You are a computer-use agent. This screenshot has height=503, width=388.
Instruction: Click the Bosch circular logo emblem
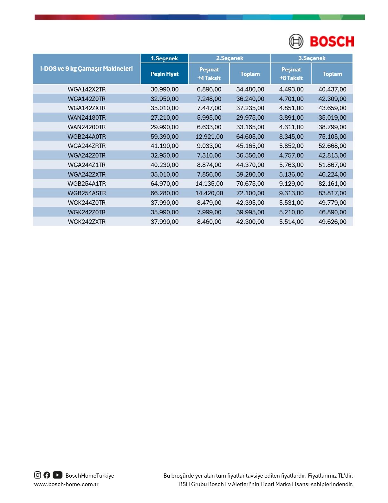click(x=296, y=41)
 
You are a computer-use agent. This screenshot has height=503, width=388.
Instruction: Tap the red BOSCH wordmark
click(x=332, y=42)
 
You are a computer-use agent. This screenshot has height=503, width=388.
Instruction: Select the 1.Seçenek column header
click(x=164, y=58)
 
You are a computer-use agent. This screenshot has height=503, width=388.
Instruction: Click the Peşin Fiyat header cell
click(x=164, y=74)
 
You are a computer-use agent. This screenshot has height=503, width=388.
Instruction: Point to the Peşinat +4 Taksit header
click(x=209, y=74)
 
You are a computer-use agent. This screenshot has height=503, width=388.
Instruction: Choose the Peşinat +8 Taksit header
click(x=291, y=74)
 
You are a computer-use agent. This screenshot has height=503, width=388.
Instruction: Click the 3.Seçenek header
click(x=312, y=58)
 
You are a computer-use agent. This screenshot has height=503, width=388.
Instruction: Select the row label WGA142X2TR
click(x=87, y=89)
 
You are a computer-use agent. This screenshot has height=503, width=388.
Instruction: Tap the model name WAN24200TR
click(x=87, y=127)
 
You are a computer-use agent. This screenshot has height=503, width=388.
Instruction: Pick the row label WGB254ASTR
click(x=87, y=193)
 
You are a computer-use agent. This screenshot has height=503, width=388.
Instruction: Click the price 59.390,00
click(x=165, y=137)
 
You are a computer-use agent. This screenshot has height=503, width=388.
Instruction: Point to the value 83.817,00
click(x=332, y=193)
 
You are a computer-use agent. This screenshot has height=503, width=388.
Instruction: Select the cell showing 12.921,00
click(x=209, y=137)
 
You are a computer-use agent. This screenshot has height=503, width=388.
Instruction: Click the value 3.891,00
click(x=291, y=117)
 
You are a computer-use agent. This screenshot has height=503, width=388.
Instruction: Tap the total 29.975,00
click(x=250, y=117)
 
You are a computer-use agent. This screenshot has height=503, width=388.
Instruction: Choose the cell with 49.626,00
click(x=332, y=222)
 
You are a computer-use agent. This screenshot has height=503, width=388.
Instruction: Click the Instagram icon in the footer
click(x=38, y=475)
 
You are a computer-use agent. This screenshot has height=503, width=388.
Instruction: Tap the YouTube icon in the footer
click(x=57, y=475)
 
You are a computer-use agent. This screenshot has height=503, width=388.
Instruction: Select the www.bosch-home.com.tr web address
click(x=66, y=484)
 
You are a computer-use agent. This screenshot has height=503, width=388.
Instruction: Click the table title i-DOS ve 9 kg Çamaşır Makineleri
click(x=87, y=69)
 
